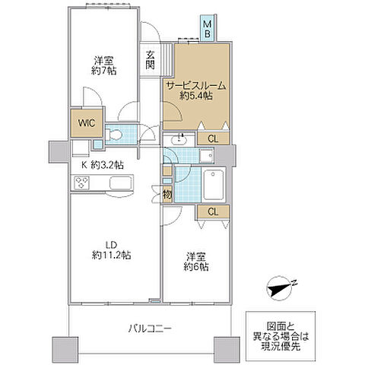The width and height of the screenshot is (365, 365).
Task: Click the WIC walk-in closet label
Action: (87, 123)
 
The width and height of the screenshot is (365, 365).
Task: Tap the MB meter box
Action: (208, 28)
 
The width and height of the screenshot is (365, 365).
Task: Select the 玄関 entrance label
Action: (151, 60)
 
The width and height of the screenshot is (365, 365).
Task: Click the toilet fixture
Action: (113, 135)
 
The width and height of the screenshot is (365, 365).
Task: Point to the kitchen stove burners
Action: (81, 182)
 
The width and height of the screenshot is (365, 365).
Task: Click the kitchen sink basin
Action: (121, 182)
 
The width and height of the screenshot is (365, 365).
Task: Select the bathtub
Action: (214, 185)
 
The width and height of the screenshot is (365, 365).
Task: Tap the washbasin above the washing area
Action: (179, 139)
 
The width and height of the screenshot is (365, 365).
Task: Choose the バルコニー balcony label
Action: (150, 328)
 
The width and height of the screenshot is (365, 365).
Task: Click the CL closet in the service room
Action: (213, 138)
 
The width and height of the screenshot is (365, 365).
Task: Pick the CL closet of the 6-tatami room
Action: (213, 211)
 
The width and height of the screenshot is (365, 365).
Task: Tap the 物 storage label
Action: (167, 194)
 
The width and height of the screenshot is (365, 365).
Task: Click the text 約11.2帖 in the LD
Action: (112, 255)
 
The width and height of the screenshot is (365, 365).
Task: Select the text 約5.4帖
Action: (196, 96)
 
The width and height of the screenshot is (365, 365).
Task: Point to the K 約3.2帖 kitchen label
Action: (103, 166)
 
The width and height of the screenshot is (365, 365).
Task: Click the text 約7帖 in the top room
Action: (104, 71)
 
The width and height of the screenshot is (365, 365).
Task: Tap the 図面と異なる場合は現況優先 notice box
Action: (281, 336)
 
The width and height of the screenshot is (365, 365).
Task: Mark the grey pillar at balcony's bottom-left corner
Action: (65, 350)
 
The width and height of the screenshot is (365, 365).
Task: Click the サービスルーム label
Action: (196, 86)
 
